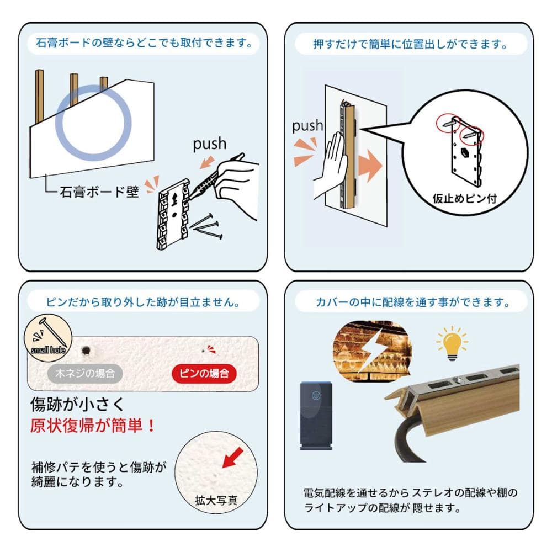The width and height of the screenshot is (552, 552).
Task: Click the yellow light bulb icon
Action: click(x=452, y=343)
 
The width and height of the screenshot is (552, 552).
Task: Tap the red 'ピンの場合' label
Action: click(x=204, y=373)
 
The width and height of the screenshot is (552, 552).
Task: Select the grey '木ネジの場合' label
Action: click(x=85, y=373)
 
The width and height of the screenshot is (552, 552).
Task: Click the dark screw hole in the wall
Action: click(x=86, y=351)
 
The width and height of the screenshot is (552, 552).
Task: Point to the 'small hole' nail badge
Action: click(x=48, y=338)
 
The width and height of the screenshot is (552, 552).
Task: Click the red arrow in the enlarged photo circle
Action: click(x=233, y=458)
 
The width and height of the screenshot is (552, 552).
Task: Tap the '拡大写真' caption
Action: click(x=216, y=500)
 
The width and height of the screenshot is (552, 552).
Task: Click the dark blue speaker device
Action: click(x=316, y=416)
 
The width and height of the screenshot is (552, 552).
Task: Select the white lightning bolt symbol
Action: click(x=374, y=351)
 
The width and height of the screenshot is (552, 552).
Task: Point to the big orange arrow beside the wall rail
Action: click(x=370, y=166)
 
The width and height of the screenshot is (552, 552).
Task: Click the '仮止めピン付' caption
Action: click(x=464, y=199)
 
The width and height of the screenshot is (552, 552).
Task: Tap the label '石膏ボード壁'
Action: click(x=99, y=192)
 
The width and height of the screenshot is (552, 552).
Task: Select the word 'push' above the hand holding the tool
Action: click(x=209, y=144)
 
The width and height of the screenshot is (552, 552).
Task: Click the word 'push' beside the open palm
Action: click(x=307, y=126)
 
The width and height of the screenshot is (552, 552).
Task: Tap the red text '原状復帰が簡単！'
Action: click(x=93, y=425)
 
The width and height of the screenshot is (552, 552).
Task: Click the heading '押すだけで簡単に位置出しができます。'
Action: click(x=410, y=44)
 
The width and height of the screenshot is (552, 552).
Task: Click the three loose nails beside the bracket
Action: click(x=208, y=225)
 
